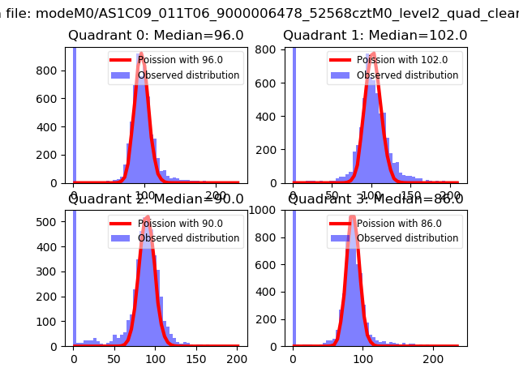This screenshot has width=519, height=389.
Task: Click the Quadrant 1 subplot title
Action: (x=375, y=36)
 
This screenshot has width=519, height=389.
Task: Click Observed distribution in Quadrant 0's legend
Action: (x=188, y=75)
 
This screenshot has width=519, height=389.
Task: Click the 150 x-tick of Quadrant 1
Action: (x=412, y=195)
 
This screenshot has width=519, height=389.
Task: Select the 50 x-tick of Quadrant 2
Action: (x=114, y=358)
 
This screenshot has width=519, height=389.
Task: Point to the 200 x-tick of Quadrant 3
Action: (x=434, y=358)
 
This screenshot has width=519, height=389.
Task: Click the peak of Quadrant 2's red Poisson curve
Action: (x=147, y=217)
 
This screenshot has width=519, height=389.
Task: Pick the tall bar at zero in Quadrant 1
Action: (x=294, y=113)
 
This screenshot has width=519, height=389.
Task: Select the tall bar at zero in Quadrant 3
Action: (x=294, y=276)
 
